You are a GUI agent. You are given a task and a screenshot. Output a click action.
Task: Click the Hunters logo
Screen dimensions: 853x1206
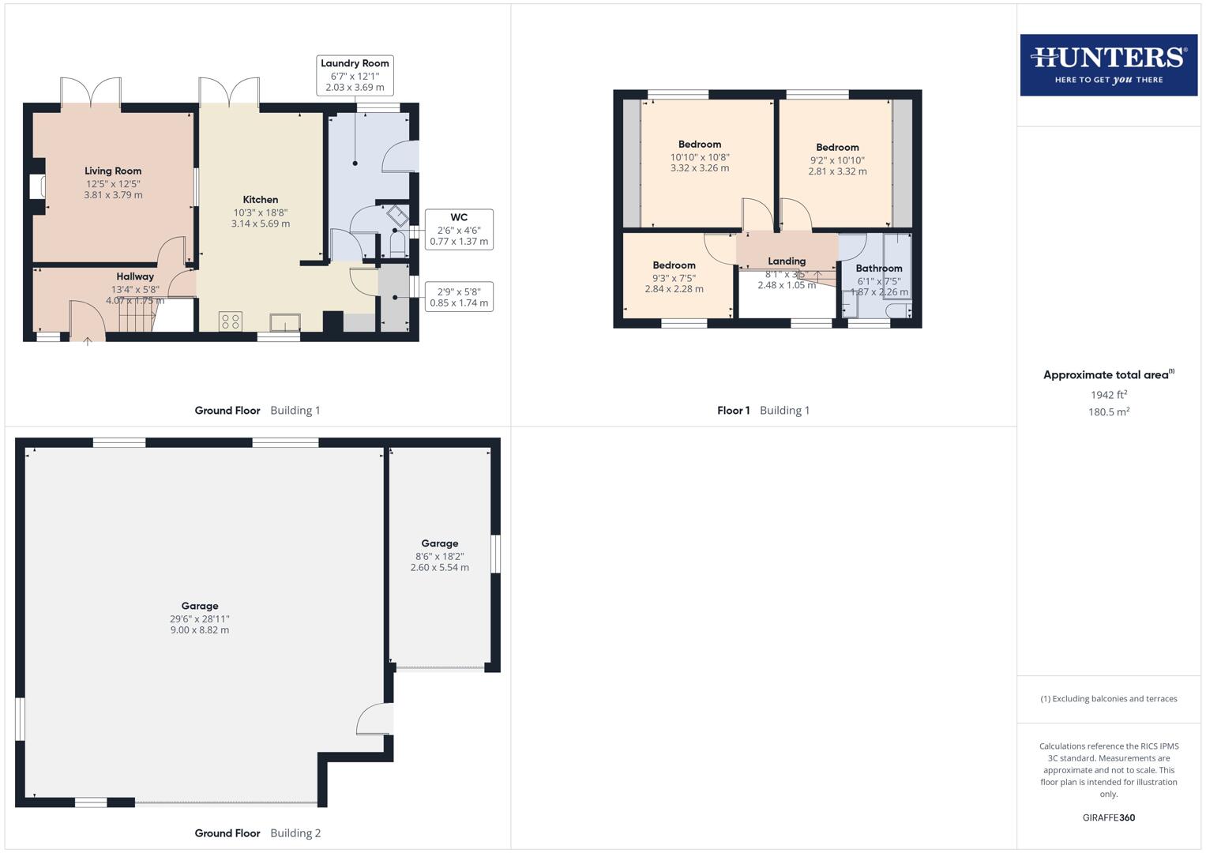[x=1108, y=65]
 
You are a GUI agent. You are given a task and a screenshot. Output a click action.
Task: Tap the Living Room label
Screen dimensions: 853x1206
[x=113, y=171]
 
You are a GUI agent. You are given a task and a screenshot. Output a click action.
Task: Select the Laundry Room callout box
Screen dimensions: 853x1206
[x=355, y=75]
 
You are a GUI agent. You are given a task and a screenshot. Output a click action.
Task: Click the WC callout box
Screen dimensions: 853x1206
[x=459, y=229]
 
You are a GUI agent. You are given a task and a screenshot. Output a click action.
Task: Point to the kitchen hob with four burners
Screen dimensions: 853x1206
[x=231, y=321]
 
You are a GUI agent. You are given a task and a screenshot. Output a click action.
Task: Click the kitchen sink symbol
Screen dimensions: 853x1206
[x=284, y=322]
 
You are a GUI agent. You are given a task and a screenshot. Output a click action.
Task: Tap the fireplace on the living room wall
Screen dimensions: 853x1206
[x=36, y=186]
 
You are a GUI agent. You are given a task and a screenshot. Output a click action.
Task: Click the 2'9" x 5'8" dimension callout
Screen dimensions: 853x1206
[x=459, y=297]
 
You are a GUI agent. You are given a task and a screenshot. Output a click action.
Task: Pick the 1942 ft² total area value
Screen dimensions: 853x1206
[x=1108, y=395]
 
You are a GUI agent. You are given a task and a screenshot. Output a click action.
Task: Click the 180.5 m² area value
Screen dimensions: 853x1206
[x=1108, y=412]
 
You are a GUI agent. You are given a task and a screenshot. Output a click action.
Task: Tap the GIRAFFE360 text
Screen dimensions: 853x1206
[x=1108, y=817]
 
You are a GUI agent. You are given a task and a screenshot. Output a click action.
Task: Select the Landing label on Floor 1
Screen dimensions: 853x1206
[x=787, y=261]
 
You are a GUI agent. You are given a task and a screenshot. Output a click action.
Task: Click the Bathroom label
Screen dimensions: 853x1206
[x=878, y=269]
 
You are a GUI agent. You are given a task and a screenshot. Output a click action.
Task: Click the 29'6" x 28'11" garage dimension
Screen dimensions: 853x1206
[x=200, y=619]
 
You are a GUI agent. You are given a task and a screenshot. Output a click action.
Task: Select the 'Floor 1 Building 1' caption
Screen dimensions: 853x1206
[x=763, y=411]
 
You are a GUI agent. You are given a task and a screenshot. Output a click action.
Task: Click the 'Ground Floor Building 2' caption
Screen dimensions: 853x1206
[x=257, y=833]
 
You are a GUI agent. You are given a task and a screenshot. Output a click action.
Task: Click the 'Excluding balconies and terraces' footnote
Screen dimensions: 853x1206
[x=1108, y=699]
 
